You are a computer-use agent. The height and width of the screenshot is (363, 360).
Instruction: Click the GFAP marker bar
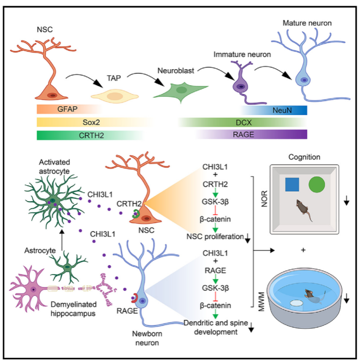tap(68, 110)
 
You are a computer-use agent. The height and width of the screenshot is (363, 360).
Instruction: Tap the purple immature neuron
tap(240, 83)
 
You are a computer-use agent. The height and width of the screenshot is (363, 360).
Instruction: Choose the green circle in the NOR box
tap(318, 186)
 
